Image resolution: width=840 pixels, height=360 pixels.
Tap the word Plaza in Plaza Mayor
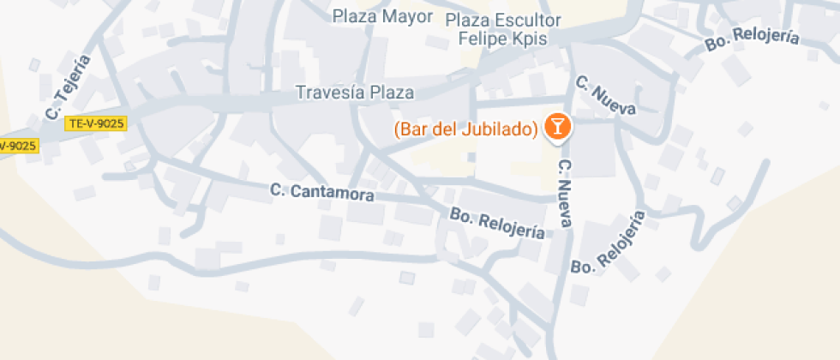[x=355, y=16]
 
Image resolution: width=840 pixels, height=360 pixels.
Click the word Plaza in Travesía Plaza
[x=392, y=93]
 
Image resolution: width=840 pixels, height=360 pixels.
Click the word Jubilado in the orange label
[x=497, y=129]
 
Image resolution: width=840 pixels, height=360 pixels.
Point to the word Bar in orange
[x=412, y=129]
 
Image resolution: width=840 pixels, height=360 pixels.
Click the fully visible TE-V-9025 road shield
[x=95, y=123]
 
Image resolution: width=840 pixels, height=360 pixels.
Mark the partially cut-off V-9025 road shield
[x=18, y=146]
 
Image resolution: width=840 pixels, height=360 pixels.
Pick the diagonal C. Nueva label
[x=605, y=96]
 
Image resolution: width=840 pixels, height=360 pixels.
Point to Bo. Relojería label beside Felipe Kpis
[x=752, y=39]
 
